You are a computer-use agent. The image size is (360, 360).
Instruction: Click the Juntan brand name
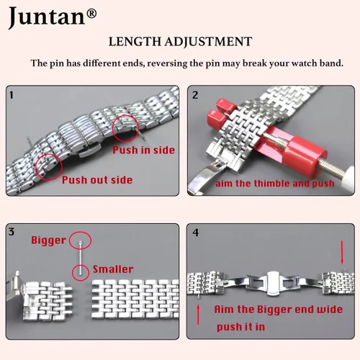pos(47,17)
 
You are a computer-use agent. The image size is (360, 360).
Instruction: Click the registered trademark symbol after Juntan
pos(91,14)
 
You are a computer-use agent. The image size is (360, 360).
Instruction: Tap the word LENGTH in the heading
pos(135,42)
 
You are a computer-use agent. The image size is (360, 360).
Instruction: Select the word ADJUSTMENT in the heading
pos(208,42)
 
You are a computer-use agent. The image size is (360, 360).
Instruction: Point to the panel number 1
pos(11,95)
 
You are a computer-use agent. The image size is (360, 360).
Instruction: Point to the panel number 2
pos(195,95)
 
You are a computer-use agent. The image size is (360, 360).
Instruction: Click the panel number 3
pos(12,232)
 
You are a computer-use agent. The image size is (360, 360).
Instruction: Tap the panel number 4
pos(196,233)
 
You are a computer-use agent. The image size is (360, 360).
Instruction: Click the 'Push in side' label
pos(143,150)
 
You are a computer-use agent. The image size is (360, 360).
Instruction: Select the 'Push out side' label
pos(97,180)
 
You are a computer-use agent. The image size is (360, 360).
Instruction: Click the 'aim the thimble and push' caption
pos(275,184)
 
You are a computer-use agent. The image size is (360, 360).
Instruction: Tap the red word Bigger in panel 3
pos(48,240)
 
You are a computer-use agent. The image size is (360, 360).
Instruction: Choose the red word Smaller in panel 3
pos(113,269)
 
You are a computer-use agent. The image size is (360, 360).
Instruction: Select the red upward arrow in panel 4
pos(198,315)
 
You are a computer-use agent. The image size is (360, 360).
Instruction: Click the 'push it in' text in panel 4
pos(240,327)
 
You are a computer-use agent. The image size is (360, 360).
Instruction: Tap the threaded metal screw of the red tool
pos(333,168)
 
